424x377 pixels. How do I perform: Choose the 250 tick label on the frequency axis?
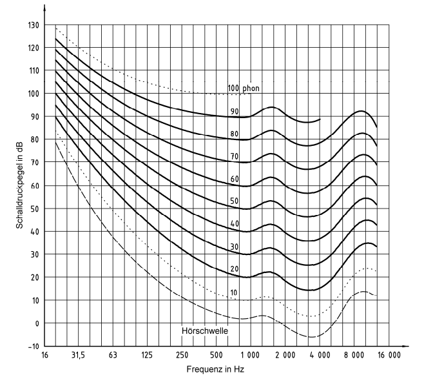pos(182,356)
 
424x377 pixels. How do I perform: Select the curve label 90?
pos(234,111)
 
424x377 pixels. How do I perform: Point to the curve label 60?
pos(234,179)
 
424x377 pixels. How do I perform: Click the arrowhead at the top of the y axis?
pos(44,9)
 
